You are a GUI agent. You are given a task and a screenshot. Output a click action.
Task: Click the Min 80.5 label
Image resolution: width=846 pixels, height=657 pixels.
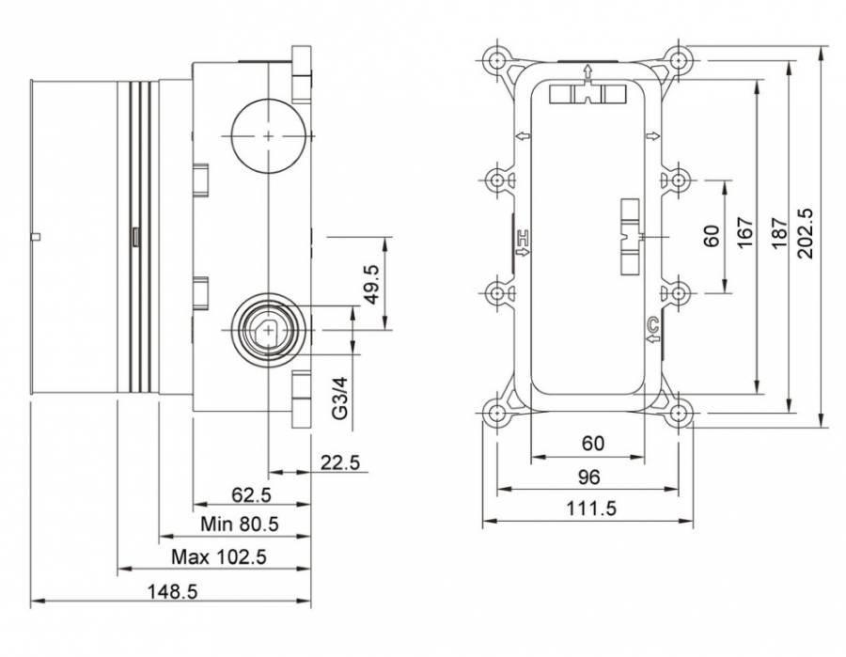[x=240, y=523]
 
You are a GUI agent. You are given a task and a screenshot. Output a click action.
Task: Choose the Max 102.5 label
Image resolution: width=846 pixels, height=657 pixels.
[x=219, y=556]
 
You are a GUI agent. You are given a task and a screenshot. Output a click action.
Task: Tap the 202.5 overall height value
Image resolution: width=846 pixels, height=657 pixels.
[x=808, y=234]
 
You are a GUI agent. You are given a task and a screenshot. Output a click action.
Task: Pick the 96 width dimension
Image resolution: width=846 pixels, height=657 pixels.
[x=587, y=477]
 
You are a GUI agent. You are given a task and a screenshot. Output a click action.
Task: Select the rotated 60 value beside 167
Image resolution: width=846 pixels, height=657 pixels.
[x=711, y=234]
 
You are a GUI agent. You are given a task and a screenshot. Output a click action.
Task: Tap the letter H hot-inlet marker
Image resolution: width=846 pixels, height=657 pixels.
[x=524, y=242]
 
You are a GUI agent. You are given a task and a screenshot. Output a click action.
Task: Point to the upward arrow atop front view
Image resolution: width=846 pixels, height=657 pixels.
[x=587, y=71]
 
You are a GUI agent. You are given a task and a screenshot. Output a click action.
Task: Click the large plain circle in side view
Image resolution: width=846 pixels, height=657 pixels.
[x=269, y=136]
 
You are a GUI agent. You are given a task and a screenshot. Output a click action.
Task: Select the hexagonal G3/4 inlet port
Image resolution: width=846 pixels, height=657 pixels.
[x=269, y=330]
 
